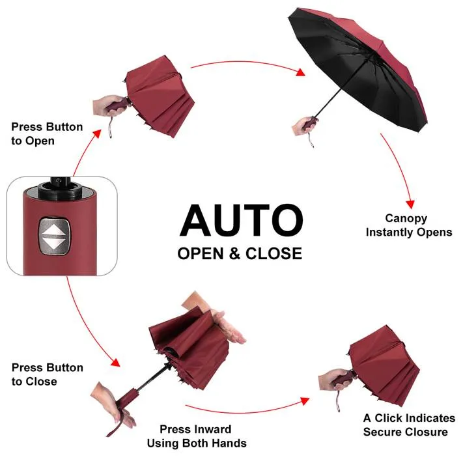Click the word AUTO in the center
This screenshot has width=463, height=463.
click(241, 220)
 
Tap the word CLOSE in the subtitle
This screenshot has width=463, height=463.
click(274, 254)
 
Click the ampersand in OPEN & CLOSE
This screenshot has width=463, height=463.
click(234, 254)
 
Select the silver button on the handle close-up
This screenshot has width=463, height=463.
click(55, 236)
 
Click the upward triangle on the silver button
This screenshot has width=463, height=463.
click(55, 229)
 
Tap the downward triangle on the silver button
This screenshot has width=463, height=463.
click(55, 244)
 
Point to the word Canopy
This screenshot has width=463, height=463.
click(406, 219)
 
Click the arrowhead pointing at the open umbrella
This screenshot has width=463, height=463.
click(301, 72)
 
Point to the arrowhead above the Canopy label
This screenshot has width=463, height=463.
click(410, 204)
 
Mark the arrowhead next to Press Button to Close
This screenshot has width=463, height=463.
click(116, 362)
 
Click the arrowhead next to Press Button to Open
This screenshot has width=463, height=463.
click(97, 133)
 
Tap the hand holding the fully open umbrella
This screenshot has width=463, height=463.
click(302, 126)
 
